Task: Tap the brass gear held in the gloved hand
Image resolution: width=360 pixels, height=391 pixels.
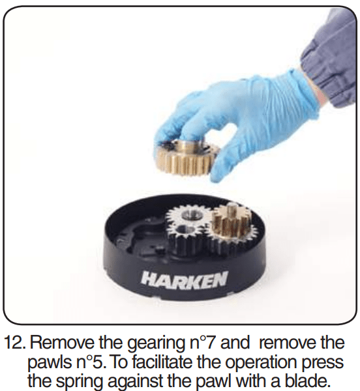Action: [186, 157]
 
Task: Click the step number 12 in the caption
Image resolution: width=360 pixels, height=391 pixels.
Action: [14, 343]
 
